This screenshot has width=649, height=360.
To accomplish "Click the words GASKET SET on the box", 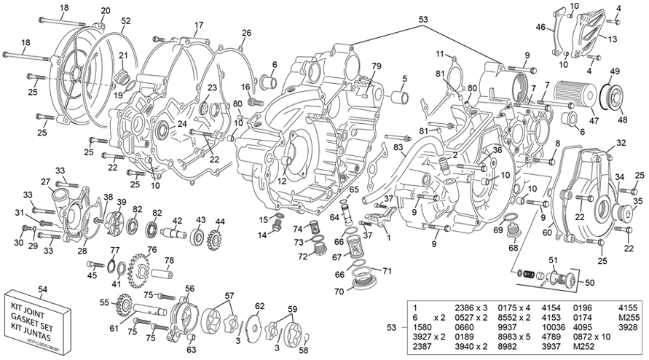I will (x=38, y=319).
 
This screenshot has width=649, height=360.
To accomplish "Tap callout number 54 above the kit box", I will (x=42, y=290).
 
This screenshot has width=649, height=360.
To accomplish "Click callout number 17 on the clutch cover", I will (x=198, y=25).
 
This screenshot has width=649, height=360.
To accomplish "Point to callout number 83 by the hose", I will (x=398, y=147).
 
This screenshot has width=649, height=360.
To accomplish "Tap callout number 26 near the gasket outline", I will (x=246, y=33).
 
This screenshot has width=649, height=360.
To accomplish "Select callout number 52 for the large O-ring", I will (x=126, y=21).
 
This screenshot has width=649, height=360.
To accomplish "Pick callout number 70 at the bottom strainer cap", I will (x=339, y=291).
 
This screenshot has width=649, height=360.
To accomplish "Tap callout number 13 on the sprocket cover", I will (x=612, y=39).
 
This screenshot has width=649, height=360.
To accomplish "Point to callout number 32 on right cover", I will (x=621, y=142).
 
